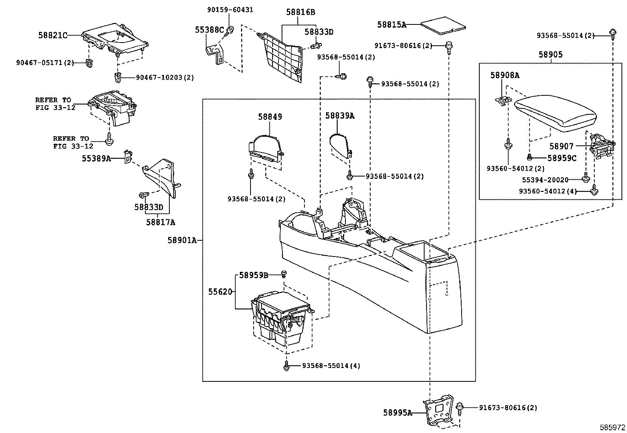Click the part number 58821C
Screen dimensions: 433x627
[x=52, y=35]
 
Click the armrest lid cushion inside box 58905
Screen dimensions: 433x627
[x=555, y=112]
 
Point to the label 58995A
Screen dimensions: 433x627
[x=397, y=413]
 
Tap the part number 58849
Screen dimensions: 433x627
[x=270, y=117]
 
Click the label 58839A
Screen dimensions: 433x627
[x=339, y=116]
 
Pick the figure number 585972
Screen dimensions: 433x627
[x=612, y=427]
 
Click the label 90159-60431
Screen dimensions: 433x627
[x=230, y=10]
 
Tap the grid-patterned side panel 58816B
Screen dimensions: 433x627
[x=282, y=55]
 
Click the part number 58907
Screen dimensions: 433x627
[x=561, y=147]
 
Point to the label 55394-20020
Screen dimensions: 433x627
[x=545, y=180]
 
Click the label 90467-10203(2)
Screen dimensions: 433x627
[x=165, y=78]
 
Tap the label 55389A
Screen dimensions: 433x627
[x=96, y=158]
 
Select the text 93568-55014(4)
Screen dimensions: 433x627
[x=331, y=366]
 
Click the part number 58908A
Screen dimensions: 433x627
[x=505, y=75]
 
